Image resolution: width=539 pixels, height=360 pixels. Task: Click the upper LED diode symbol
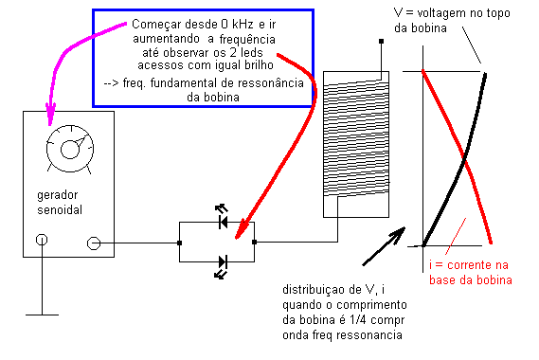(x=224, y=222)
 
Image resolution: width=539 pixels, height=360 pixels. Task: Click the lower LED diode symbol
(x=223, y=262)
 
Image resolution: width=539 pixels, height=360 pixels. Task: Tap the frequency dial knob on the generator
(x=70, y=149)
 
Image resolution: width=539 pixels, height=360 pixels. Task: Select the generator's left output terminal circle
(x=42, y=240)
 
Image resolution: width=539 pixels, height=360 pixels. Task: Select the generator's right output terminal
(x=94, y=243)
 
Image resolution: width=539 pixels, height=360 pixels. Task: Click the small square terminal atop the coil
(x=381, y=42)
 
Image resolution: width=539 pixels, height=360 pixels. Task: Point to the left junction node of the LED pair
(x=179, y=243)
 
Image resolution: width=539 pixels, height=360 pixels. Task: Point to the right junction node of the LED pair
(x=255, y=243)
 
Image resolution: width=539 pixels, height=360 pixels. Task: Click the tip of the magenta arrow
(x=50, y=124)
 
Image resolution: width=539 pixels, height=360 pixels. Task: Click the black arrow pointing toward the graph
(x=384, y=246)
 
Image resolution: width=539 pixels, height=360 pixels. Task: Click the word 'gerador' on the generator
(x=58, y=195)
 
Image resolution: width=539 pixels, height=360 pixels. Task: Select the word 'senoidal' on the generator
(x=60, y=209)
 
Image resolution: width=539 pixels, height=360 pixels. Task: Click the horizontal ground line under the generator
(x=42, y=315)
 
